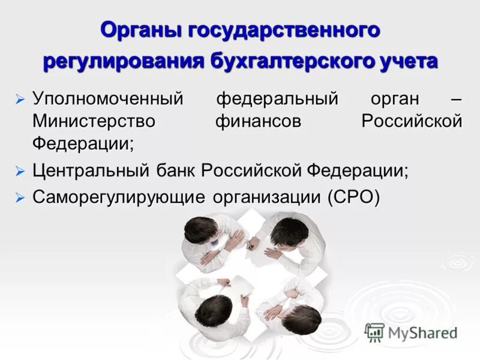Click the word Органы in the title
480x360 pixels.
142,30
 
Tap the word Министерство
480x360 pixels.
94,121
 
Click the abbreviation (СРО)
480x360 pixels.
353,198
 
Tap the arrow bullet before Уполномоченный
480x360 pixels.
20,99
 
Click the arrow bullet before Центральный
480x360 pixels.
20,172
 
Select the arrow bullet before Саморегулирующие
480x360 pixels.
20,199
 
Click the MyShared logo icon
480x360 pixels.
374,332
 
